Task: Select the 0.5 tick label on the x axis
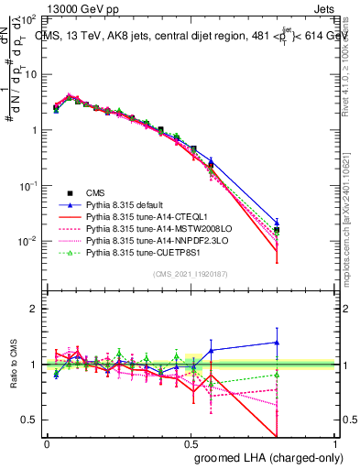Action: pyautogui.click(x=191, y=442)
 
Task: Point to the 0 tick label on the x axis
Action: pyautogui.click(x=47, y=442)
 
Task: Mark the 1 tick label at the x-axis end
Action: pyautogui.click(x=335, y=442)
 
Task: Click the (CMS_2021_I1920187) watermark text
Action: pyautogui.click(x=191, y=274)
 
